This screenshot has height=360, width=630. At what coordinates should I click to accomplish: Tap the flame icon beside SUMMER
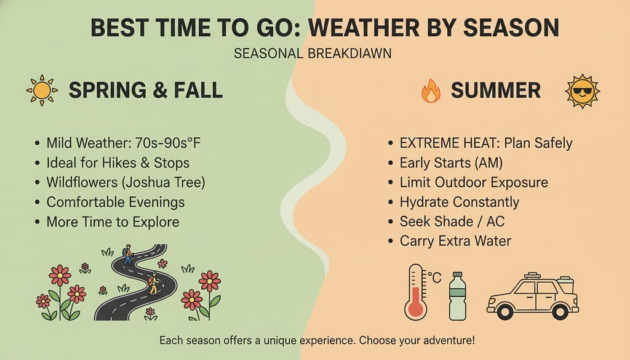click(431, 91)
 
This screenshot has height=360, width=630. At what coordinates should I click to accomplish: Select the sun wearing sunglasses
click(582, 91)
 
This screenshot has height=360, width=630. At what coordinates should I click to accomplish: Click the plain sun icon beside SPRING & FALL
click(42, 91)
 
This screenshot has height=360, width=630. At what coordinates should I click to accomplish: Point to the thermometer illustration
click(417, 293)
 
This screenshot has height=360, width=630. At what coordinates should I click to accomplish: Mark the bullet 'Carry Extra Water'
click(455, 241)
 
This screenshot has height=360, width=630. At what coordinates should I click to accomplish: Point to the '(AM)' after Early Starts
click(492, 163)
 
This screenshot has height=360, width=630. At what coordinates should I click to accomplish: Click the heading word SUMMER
click(496, 91)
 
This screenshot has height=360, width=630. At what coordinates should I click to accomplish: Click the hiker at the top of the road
click(127, 254)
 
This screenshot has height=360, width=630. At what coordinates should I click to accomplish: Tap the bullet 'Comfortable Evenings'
click(116, 202)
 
